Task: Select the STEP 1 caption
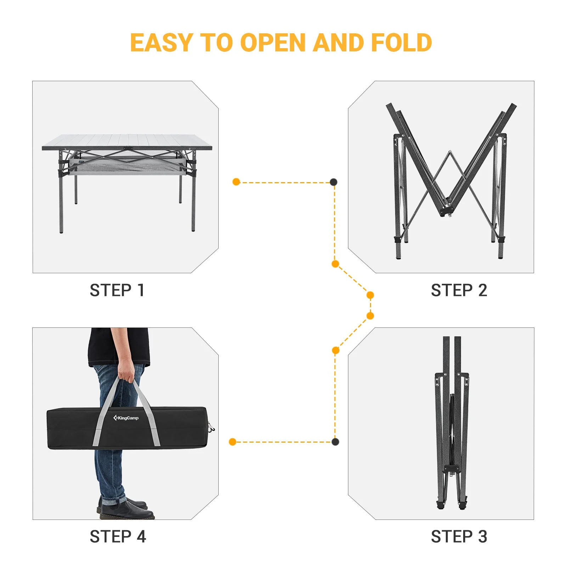[117, 290]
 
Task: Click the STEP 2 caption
[459, 290]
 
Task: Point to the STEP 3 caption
[459, 537]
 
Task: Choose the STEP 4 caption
[118, 537]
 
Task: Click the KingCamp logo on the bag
[126, 418]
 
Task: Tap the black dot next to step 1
[333, 182]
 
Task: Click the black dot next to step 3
[335, 442]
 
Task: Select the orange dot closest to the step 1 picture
[236, 182]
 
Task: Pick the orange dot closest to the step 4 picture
[232, 442]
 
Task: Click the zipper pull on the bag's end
[211, 429]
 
